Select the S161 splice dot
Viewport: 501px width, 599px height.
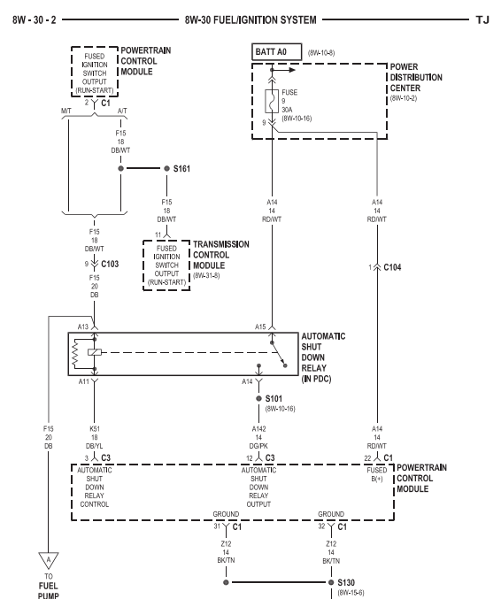pos(165,167)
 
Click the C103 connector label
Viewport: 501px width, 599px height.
pos(110,264)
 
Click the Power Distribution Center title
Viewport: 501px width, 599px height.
pos(420,76)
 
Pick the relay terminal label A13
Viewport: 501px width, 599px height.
pos(83,326)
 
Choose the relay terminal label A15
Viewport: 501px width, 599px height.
pos(260,326)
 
